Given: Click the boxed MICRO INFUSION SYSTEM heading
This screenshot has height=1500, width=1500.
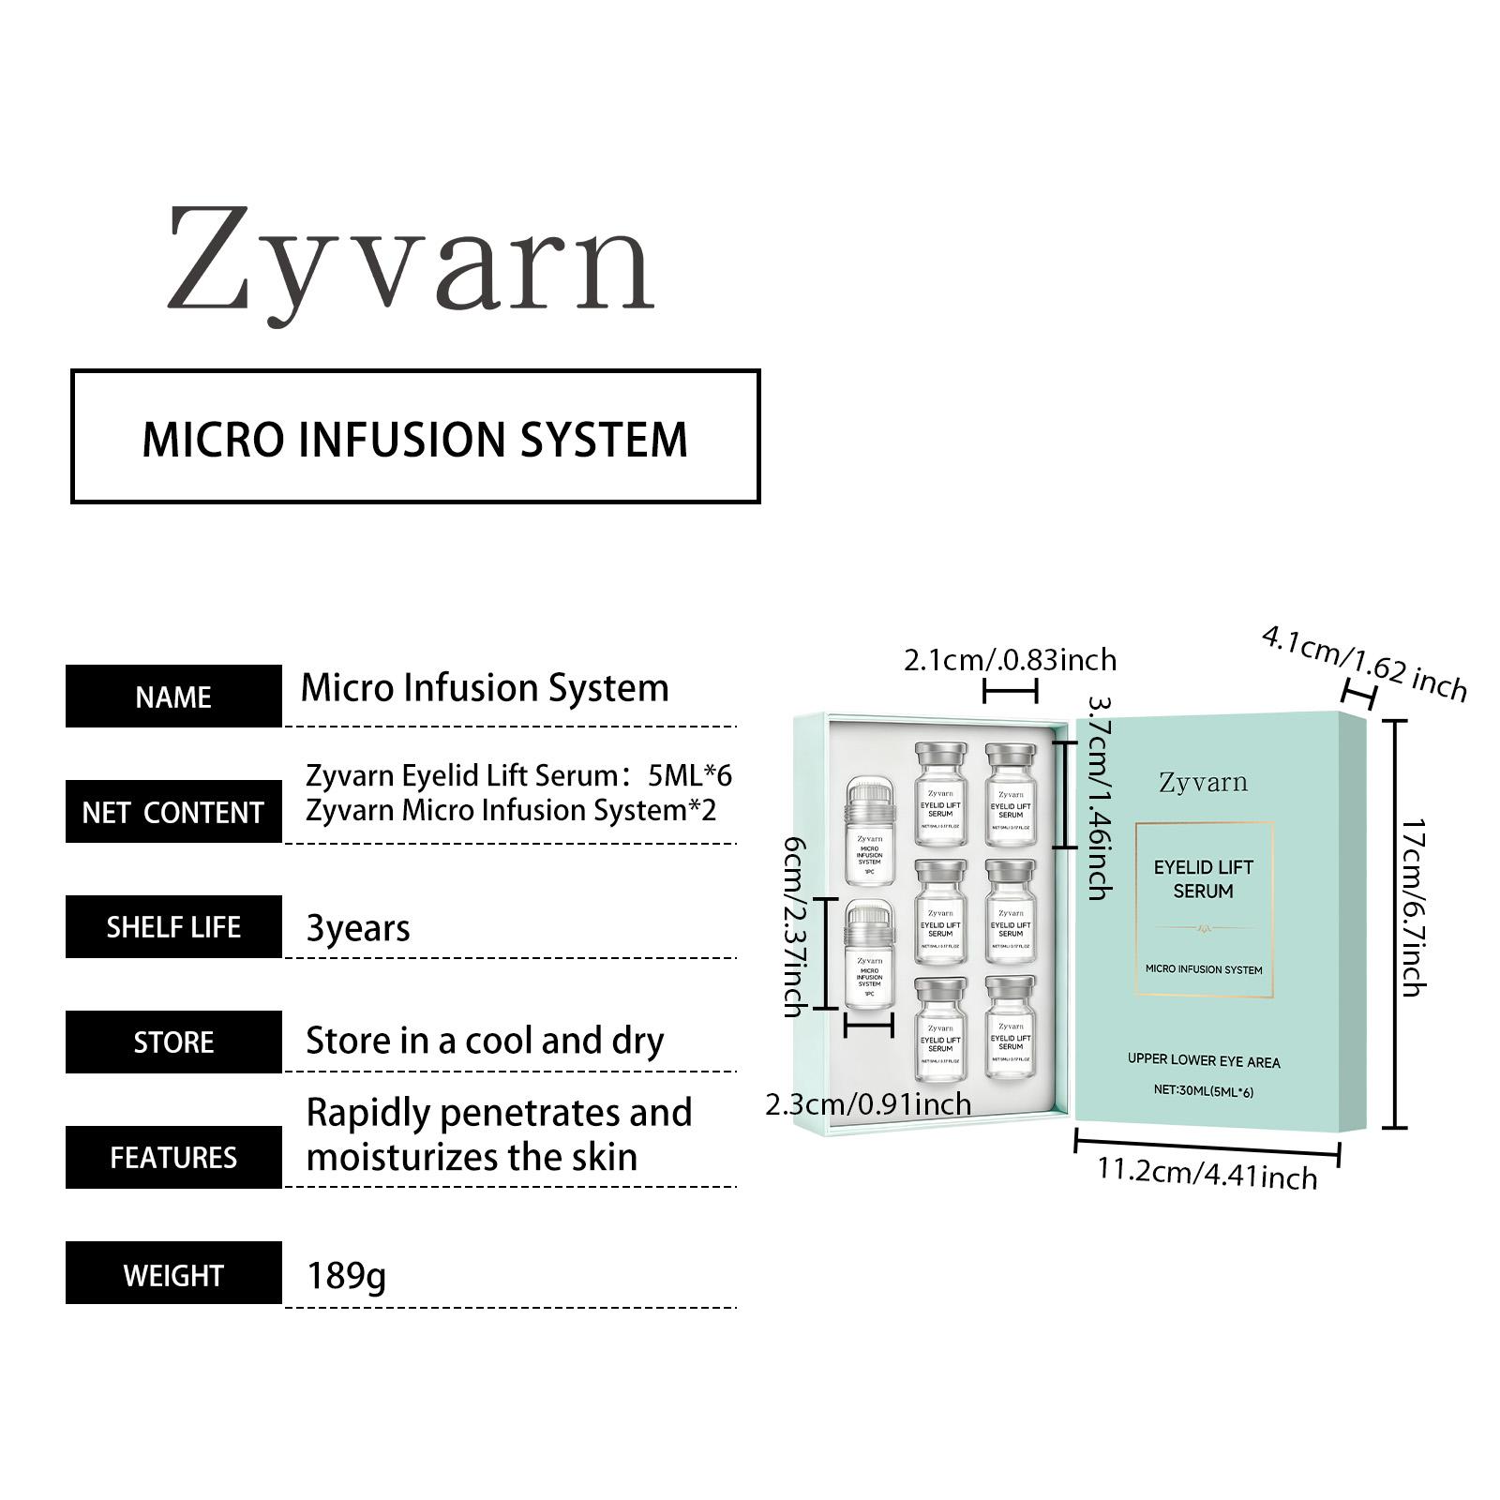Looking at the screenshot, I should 415,439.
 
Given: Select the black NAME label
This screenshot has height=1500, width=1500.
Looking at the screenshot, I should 173,697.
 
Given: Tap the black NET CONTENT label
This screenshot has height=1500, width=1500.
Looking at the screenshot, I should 173,812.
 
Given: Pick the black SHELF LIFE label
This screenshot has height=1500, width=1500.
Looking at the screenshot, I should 173,927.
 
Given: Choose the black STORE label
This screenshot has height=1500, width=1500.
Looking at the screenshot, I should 173,1042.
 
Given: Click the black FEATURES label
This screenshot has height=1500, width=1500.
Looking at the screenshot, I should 173,1158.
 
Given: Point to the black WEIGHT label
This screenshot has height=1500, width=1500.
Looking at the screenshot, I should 173,1274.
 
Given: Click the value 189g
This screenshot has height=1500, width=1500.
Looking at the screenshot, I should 346,1276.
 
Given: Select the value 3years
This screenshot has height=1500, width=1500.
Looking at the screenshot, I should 358,928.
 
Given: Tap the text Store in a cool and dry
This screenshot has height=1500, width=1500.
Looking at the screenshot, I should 485,1041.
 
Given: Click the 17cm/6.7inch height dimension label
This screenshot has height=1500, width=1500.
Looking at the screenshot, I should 1413,907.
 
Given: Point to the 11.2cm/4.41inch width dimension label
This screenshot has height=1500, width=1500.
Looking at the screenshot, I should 1207,1174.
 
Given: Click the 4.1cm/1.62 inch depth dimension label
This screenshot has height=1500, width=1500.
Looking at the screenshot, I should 1364,663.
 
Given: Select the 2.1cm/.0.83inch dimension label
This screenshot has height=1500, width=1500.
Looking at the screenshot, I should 1010,660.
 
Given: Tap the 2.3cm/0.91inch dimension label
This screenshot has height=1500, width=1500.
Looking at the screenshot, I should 868,1104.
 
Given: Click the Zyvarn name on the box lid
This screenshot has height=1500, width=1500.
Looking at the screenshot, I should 1203,782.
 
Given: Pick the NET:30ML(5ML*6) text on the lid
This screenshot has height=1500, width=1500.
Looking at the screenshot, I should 1204,1091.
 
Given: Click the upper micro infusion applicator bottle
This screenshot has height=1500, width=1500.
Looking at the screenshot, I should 869,831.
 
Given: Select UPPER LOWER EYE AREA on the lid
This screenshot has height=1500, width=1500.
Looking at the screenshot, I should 1204,1061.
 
